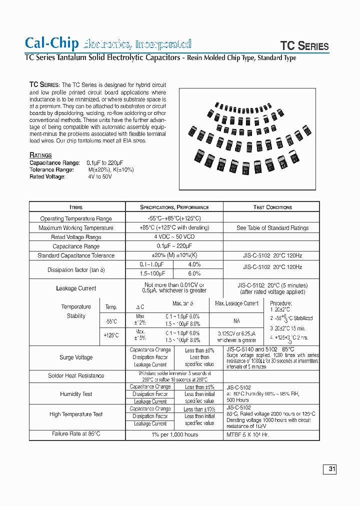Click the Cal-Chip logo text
click(x=52, y=43)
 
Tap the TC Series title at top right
click(x=304, y=46)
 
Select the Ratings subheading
click(x=40, y=155)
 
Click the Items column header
click(x=76, y=207)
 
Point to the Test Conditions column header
click(x=272, y=207)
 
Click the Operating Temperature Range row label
click(x=76, y=218)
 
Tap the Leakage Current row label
click(x=76, y=288)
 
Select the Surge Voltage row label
click(x=76, y=357)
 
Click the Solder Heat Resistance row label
click(x=76, y=375)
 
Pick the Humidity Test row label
click(x=76, y=394)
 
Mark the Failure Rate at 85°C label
click(x=76, y=434)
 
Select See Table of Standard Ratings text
click(x=272, y=228)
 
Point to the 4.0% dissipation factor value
click(x=194, y=264)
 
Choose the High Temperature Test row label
click(x=76, y=414)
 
